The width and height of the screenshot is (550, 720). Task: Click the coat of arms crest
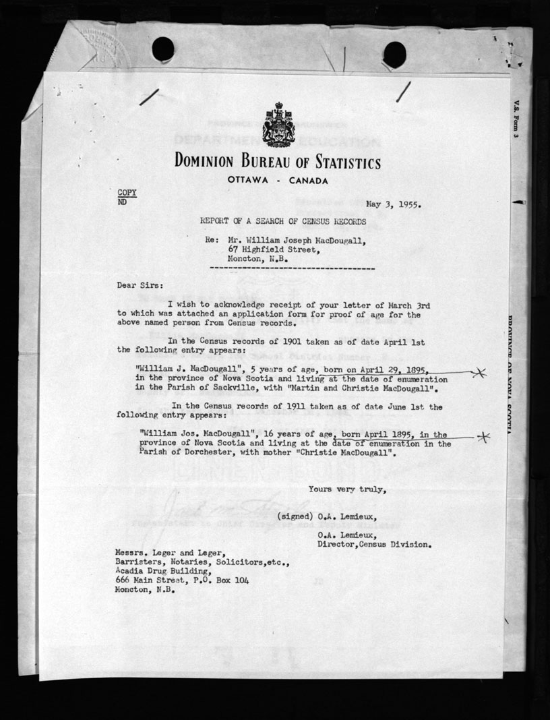point(278,125)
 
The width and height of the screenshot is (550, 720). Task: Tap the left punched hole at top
point(163,49)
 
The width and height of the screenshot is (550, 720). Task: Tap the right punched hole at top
point(394,55)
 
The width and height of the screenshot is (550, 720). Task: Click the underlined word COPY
point(127,192)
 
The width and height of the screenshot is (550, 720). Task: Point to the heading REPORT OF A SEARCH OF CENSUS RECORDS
point(283,221)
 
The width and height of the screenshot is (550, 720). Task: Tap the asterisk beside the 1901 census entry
point(480,372)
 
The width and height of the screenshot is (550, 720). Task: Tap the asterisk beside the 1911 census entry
point(483,438)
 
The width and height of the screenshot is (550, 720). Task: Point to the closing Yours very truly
point(347,489)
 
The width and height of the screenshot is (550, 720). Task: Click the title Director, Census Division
point(374,543)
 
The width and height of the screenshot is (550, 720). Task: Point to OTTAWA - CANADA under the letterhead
point(278,181)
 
